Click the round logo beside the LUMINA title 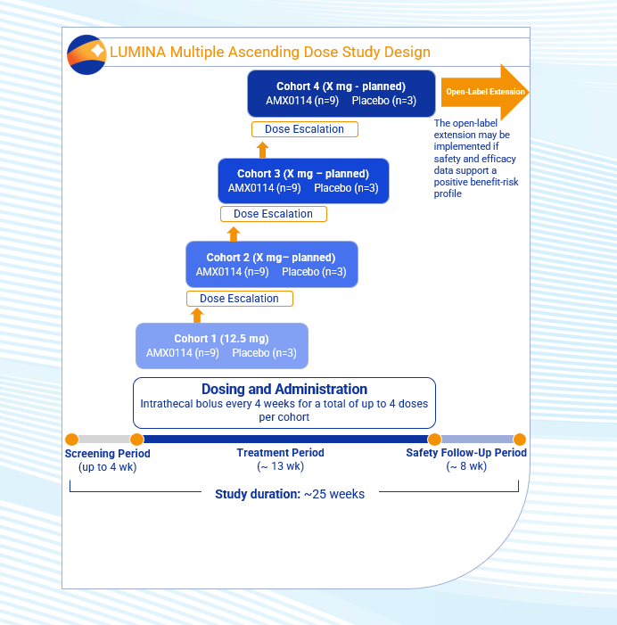86,53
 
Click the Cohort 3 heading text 303,173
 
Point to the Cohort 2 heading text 271,258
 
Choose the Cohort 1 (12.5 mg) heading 221,339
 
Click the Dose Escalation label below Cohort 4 304,129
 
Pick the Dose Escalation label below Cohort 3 273,214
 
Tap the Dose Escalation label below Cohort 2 239,299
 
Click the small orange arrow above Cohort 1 198,315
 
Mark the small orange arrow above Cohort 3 262,149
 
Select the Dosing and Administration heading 284,390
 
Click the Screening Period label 108,454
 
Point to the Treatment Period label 280,453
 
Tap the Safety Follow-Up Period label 466,453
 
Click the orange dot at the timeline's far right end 520,439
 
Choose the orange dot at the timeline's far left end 72,439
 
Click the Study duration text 290,494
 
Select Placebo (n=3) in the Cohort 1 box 265,353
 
